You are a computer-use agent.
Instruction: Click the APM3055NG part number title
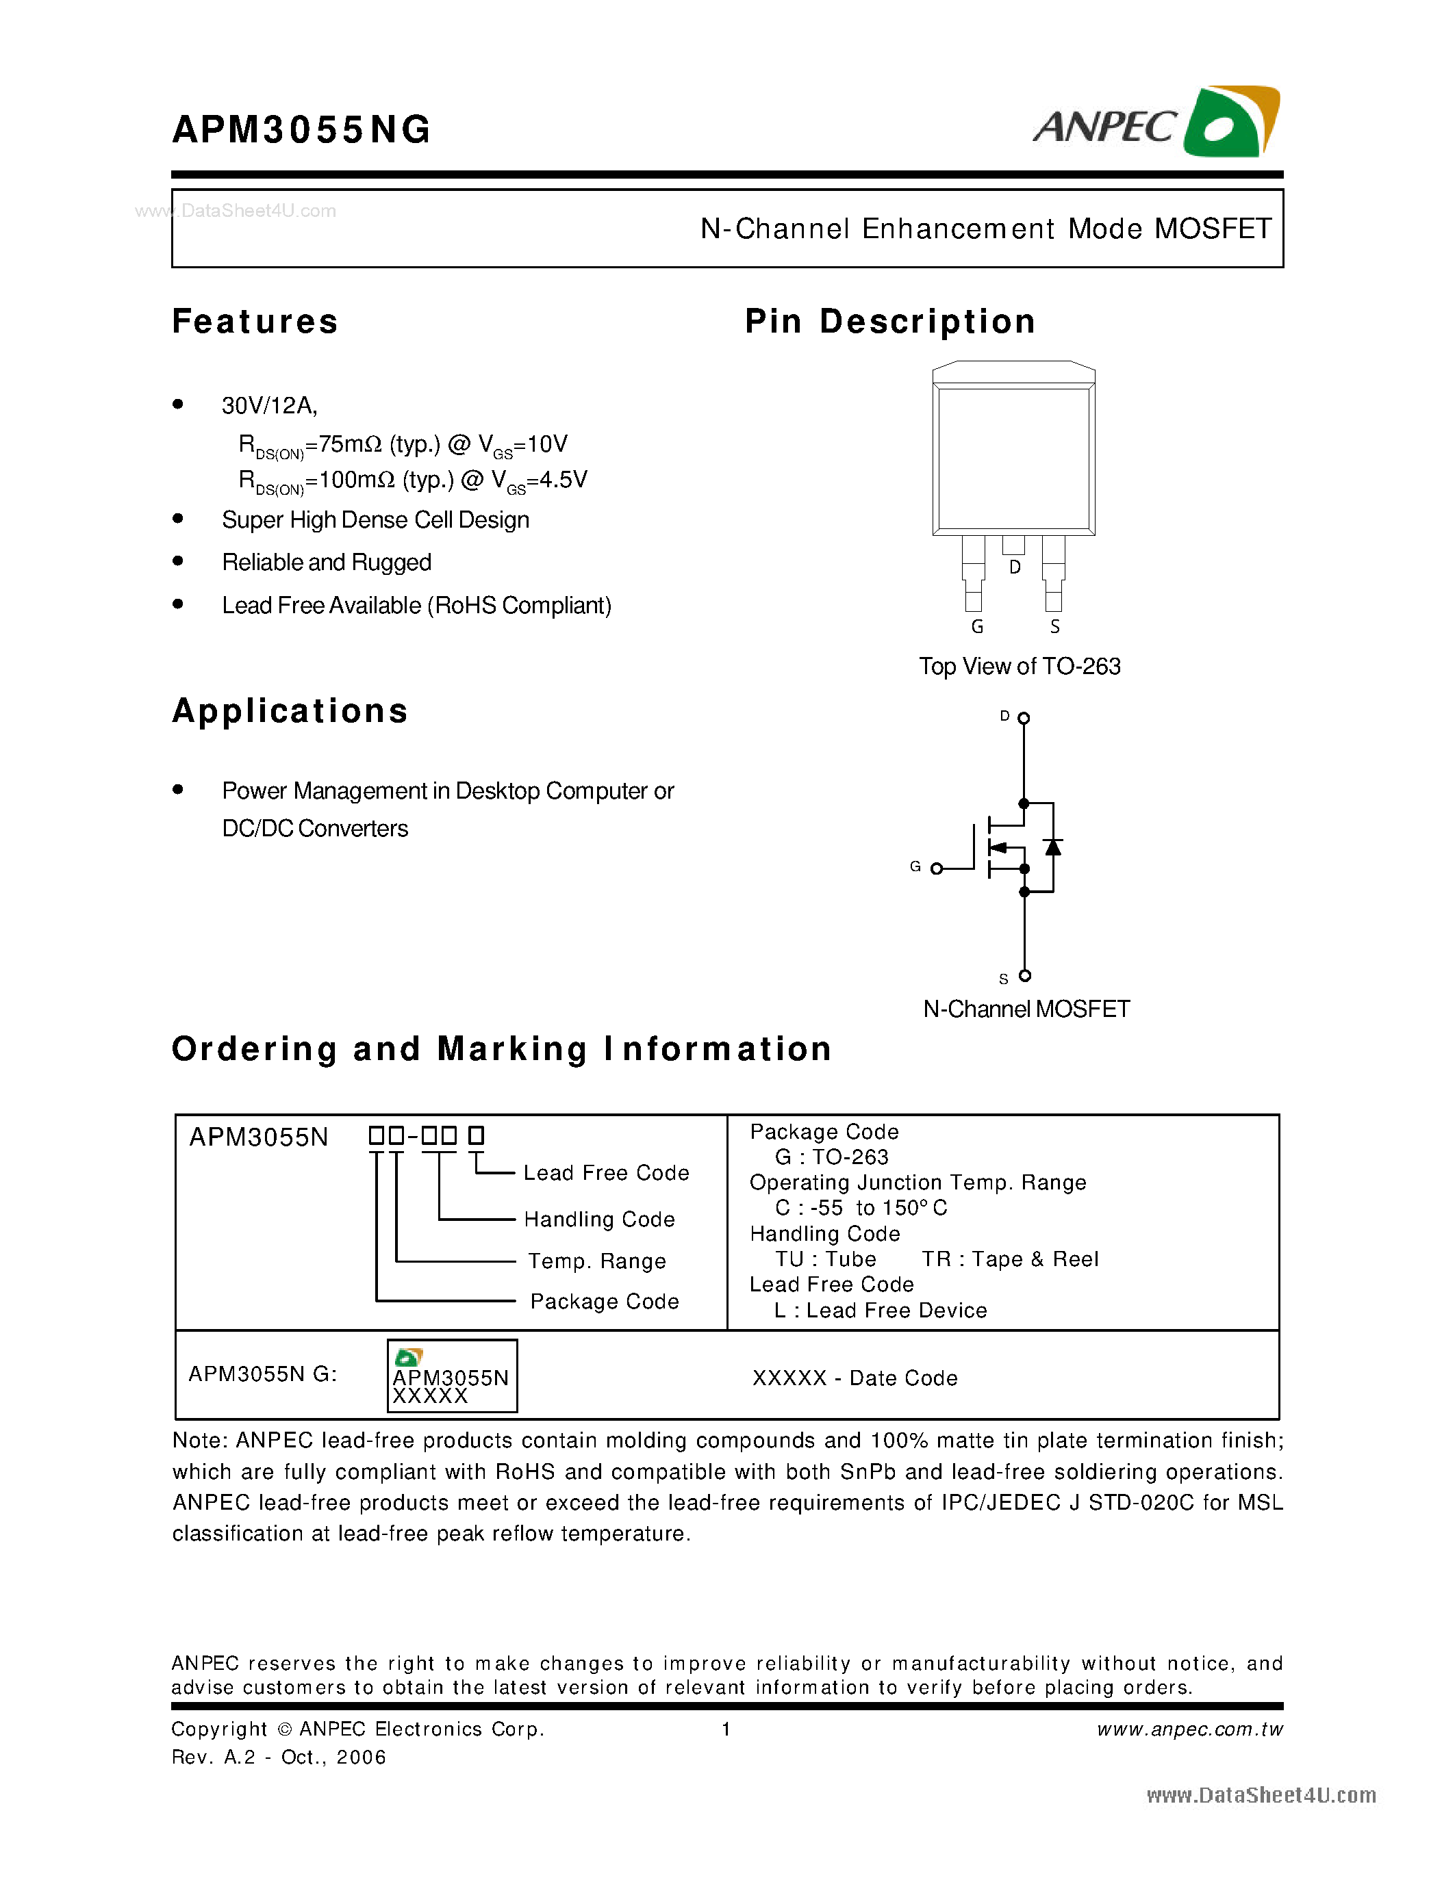[x=301, y=130]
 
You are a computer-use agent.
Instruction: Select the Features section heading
[x=255, y=322]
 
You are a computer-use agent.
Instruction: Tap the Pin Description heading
[x=889, y=322]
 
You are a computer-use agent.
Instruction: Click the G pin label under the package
[x=976, y=626]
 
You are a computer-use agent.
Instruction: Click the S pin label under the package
[x=1054, y=626]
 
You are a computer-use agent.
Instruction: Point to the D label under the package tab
[x=1015, y=567]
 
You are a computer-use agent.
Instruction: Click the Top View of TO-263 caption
[x=1019, y=666]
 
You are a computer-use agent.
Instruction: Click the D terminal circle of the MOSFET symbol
[x=1024, y=718]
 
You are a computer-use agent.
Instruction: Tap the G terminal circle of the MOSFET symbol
[x=937, y=868]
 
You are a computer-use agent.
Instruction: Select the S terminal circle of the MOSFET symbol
[x=1024, y=975]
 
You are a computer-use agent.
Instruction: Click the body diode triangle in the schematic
[x=1052, y=847]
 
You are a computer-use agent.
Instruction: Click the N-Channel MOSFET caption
[x=1026, y=1009]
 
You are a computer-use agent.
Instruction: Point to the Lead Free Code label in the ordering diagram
[x=606, y=1173]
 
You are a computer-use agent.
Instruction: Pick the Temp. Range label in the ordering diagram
[x=596, y=1261]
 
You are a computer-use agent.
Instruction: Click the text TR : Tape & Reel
[x=1009, y=1259]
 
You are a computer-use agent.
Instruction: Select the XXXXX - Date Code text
[x=855, y=1378]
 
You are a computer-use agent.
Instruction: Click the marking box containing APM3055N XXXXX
[x=452, y=1376]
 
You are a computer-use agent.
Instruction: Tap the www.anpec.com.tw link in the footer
[x=1189, y=1729]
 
